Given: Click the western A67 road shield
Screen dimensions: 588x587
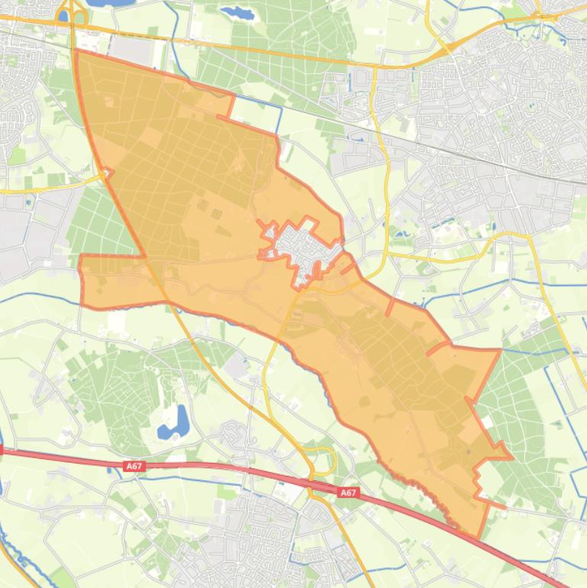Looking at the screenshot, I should (x=134, y=465).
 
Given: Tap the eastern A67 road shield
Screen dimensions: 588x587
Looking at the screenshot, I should (x=348, y=493).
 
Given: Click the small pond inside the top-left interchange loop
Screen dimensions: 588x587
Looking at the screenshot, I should (x=64, y=15).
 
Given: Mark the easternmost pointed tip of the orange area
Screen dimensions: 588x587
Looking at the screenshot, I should (x=510, y=458).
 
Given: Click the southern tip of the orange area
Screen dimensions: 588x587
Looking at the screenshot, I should (x=479, y=537).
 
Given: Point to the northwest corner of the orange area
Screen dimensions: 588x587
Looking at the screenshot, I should (x=76, y=51).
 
